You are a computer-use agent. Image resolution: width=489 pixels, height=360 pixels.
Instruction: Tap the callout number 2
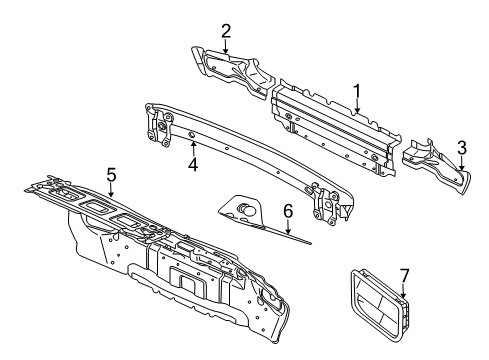tap(226, 30)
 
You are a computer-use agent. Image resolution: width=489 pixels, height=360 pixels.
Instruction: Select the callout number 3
tap(461, 149)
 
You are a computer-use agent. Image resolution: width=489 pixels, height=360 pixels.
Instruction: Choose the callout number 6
tap(286, 211)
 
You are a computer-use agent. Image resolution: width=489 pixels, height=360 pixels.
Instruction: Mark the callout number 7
tap(404, 274)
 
